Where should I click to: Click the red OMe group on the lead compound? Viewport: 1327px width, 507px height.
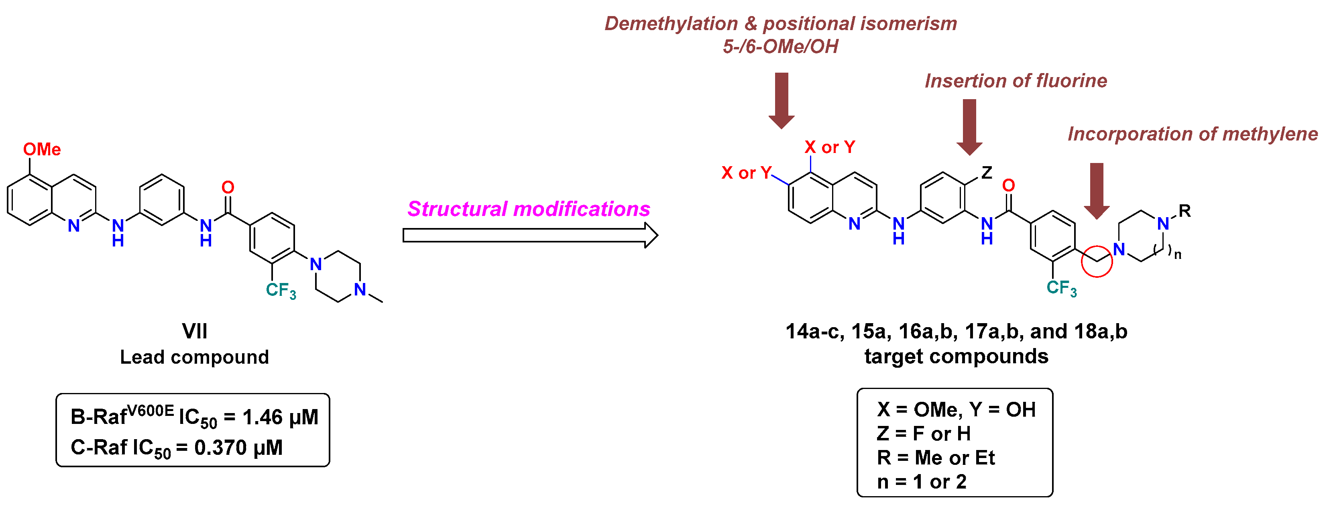point(42,149)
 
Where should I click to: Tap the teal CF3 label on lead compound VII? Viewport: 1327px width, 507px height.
point(281,290)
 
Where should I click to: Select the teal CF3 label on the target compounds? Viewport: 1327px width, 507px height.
point(1061,287)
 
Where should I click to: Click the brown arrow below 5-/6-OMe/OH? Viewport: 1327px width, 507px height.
point(782,100)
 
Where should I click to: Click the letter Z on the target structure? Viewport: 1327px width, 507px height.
point(987,173)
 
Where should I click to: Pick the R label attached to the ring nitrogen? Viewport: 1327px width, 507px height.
point(1185,211)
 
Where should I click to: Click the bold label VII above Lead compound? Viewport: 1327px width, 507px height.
point(195,331)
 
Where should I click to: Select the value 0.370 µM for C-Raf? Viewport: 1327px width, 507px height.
point(238,448)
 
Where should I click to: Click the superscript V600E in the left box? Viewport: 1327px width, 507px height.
point(151,411)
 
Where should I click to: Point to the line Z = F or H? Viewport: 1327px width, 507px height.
point(923,434)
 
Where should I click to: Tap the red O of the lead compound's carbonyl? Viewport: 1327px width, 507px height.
point(228,187)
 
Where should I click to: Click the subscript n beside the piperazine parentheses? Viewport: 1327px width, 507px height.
point(1178,255)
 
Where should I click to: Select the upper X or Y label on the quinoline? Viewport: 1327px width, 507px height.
point(829,147)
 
